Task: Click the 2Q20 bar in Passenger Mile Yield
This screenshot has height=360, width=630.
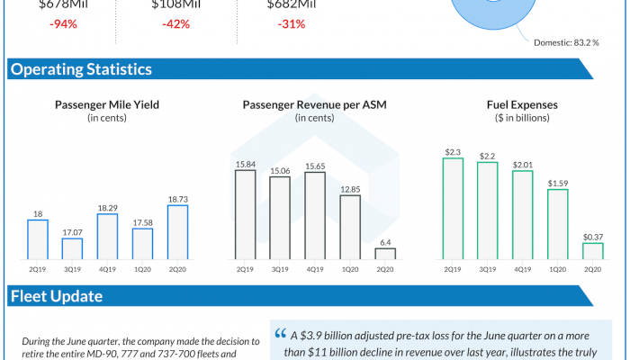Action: coord(177,232)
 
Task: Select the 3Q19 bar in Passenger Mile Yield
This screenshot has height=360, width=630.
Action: coord(72,248)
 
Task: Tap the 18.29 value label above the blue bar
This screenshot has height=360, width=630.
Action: coord(107,206)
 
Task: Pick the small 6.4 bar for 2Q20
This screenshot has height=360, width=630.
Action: coord(385,254)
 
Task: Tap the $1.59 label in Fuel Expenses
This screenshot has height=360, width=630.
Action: coord(558,182)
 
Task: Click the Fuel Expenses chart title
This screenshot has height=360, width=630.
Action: coord(523,104)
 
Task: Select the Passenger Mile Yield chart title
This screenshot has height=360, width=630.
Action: coord(107,104)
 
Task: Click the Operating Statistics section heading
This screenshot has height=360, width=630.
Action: coord(80,69)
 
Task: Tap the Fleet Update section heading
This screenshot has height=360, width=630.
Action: coord(56,295)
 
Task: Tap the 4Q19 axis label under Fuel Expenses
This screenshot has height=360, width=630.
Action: coord(523,269)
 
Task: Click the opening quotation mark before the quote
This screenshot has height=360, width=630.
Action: coord(281,332)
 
